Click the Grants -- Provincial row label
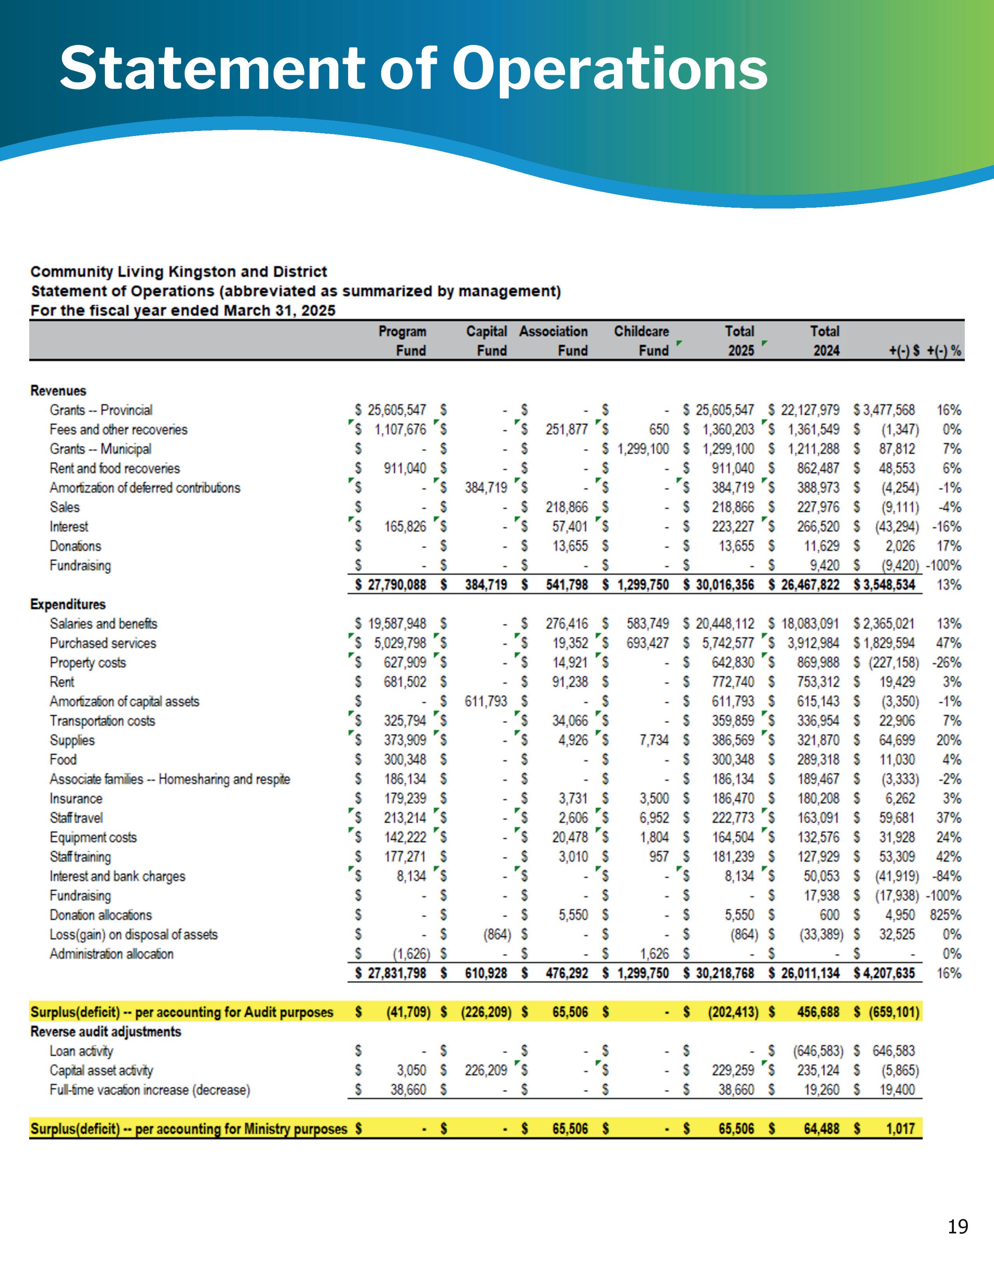click(101, 410)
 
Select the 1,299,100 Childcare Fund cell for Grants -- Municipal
click(643, 449)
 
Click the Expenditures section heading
click(68, 604)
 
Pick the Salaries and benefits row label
click(104, 624)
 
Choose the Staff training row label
click(80, 857)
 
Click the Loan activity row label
click(81, 1051)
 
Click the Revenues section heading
click(58, 390)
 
